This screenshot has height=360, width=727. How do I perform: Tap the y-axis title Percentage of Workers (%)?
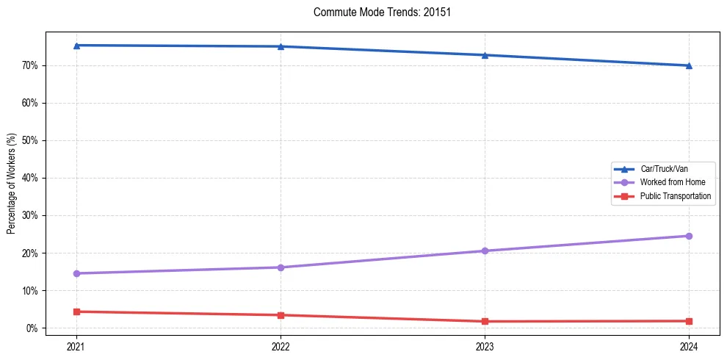[12, 184]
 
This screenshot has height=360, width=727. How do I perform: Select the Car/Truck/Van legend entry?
[664, 169]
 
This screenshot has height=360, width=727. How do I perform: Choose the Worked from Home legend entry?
[672, 182]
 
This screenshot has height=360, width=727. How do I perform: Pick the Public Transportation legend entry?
[675, 196]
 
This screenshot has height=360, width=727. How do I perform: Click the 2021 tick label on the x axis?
[76, 346]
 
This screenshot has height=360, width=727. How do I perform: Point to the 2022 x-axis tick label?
[281, 346]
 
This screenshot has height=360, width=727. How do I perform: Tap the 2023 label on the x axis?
[485, 346]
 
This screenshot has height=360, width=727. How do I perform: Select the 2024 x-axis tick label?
[689, 346]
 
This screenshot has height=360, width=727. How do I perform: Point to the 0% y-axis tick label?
[32, 328]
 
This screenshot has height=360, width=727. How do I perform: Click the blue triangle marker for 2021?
[76, 46]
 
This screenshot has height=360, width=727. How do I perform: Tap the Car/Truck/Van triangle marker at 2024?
[689, 65]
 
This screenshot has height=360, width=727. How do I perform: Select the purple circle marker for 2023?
[485, 251]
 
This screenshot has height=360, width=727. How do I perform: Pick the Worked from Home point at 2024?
[689, 236]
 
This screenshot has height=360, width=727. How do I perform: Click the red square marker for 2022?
[281, 315]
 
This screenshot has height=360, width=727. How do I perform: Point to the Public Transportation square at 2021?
[76, 312]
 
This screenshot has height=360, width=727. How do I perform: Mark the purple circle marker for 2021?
[76, 273]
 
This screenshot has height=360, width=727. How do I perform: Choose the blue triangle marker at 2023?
[485, 55]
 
